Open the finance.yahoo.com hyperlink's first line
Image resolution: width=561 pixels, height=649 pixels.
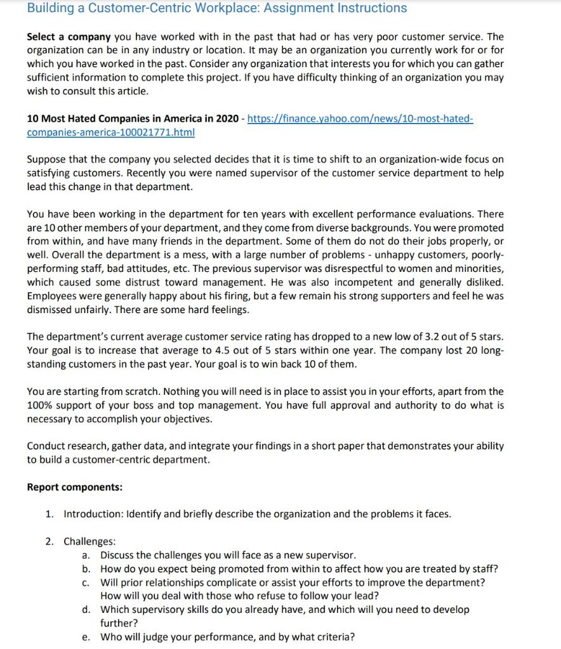point(360,119)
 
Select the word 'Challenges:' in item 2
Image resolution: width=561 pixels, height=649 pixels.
point(89,541)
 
